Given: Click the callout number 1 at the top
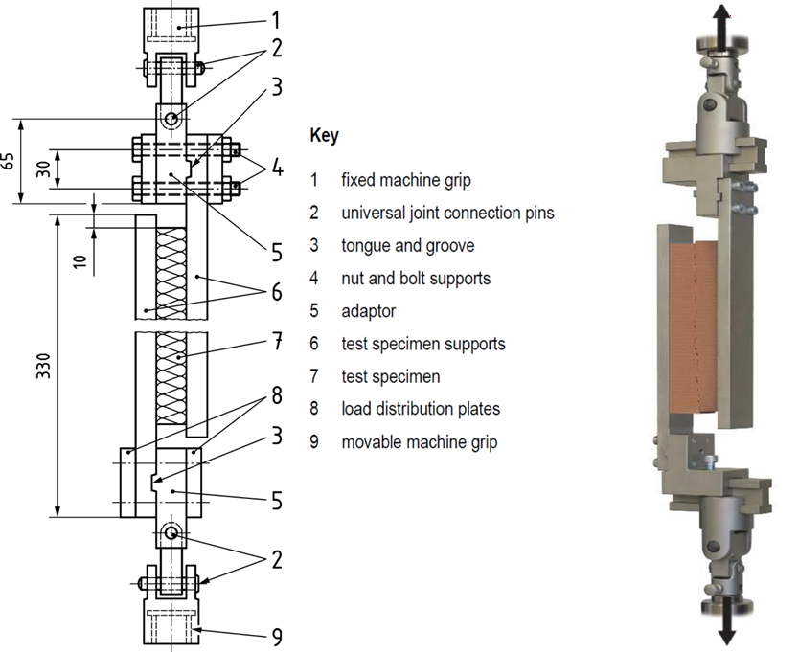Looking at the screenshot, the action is (276, 20).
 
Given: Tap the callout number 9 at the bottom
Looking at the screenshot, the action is (277, 637).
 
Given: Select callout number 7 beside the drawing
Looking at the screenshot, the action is (277, 341).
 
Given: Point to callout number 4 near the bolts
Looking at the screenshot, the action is (277, 168).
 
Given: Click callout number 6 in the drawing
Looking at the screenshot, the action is (277, 292).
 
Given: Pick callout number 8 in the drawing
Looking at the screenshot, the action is (277, 395).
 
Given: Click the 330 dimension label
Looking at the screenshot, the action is (44, 366).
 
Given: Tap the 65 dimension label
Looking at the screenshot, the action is (9, 162).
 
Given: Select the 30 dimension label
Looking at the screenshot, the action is (44, 169).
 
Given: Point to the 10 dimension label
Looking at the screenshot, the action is (80, 261).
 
